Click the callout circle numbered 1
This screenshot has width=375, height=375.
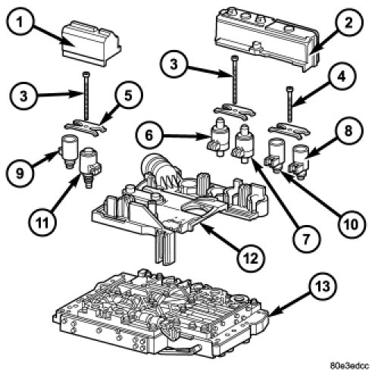(20, 23)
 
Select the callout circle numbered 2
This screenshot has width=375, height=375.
(348, 23)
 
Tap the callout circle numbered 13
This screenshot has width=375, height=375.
(323, 286)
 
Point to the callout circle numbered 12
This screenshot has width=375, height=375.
(252, 258)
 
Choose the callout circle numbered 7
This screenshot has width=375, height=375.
(306, 239)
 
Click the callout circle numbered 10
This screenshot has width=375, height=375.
(352, 224)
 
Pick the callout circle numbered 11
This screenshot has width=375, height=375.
(42, 223)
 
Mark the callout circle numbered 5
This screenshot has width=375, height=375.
(129, 95)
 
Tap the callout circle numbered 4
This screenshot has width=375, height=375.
(342, 77)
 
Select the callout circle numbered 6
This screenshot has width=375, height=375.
(149, 135)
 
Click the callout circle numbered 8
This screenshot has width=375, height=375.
(348, 131)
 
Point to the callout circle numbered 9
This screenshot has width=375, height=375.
(20, 173)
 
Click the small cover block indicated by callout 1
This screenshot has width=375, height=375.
(91, 43)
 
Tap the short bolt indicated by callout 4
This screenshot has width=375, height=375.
(290, 104)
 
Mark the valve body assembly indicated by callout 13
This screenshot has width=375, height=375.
(161, 313)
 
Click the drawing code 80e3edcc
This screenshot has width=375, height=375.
(349, 365)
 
